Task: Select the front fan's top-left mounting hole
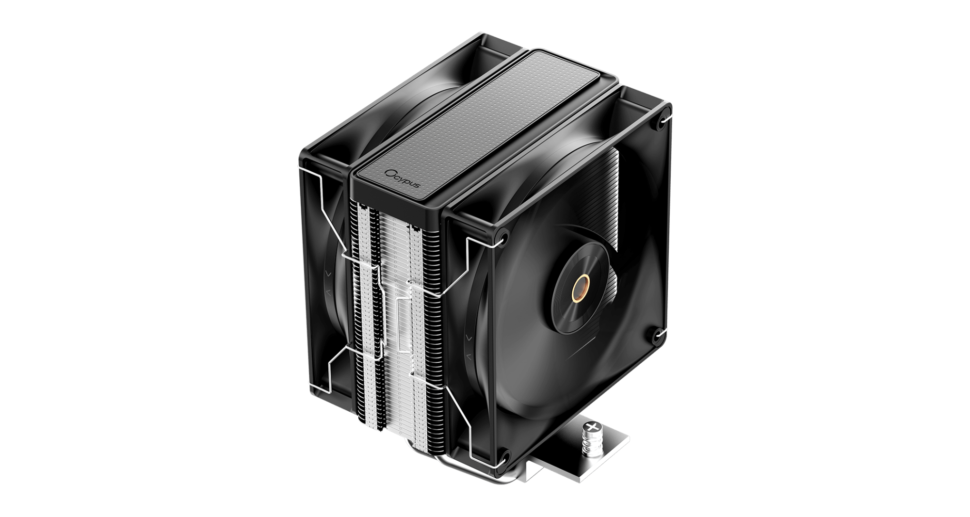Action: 503,238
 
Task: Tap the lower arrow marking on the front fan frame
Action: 469,357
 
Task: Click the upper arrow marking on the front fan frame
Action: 469,336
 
